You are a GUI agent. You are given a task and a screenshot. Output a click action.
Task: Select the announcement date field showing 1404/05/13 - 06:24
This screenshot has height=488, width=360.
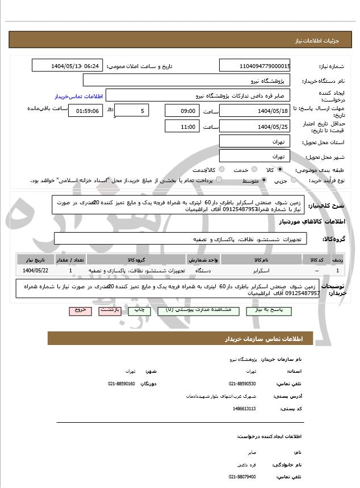pos(76,66)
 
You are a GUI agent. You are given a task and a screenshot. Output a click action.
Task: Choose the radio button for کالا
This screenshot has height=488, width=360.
pos(280,170)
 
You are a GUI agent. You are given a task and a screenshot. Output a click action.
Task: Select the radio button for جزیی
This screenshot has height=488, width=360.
pos(293,180)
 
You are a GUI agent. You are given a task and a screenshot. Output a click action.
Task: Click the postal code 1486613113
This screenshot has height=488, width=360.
pos(244,408)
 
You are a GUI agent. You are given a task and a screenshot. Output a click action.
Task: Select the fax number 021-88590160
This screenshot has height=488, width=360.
pos(122,384)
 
